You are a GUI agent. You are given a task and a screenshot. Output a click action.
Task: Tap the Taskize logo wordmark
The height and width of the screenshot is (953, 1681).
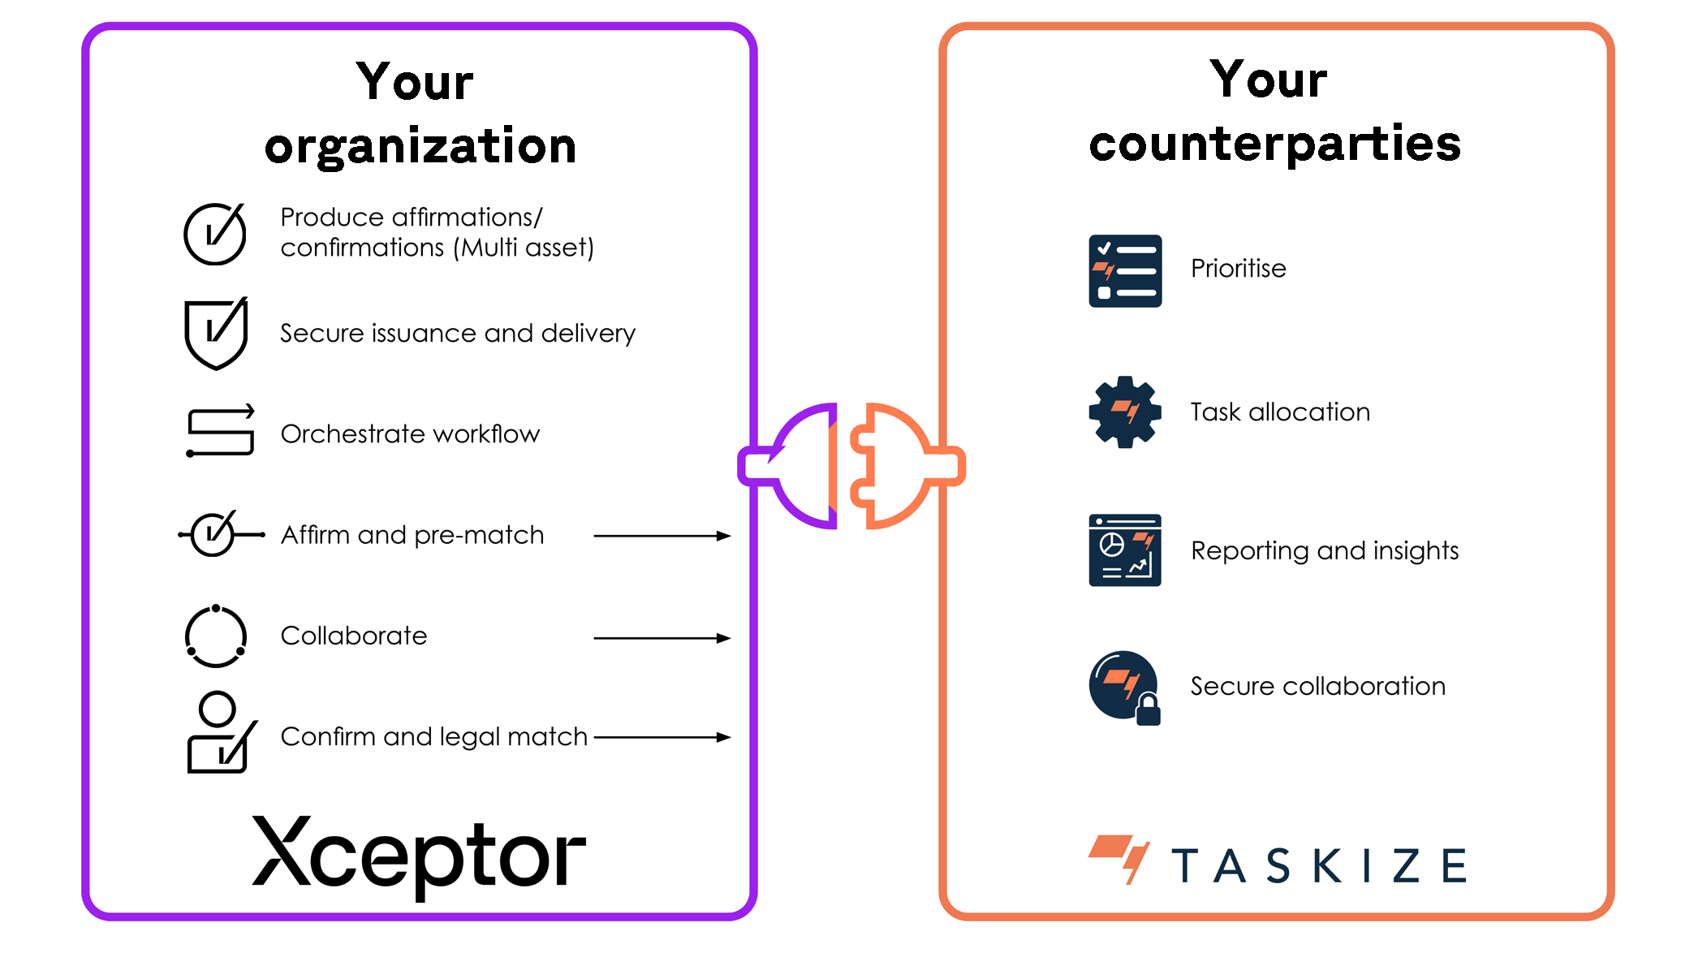click(1318, 865)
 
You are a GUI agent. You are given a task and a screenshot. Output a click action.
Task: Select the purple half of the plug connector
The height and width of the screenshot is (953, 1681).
click(800, 465)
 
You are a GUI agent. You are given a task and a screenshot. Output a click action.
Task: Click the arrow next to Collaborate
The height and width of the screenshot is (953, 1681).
click(662, 638)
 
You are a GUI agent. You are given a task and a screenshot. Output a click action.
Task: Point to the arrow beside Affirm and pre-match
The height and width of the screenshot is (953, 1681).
click(662, 536)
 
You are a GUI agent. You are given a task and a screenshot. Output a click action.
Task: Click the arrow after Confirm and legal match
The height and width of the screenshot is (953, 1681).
click(662, 737)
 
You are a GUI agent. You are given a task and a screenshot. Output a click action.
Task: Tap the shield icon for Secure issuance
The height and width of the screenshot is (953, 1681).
click(215, 334)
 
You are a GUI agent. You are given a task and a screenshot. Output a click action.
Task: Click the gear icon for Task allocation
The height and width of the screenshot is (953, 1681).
click(1124, 412)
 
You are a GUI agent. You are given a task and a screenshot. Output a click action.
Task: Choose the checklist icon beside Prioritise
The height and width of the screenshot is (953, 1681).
click(1124, 271)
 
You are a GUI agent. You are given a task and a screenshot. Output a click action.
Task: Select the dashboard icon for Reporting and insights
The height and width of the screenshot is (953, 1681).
click(1124, 550)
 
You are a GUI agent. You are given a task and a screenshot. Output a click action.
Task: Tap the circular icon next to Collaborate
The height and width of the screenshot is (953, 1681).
click(216, 636)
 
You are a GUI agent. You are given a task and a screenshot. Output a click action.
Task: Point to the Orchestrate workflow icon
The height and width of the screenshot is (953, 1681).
click(220, 432)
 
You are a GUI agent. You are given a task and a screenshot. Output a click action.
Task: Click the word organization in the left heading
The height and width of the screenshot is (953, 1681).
click(420, 146)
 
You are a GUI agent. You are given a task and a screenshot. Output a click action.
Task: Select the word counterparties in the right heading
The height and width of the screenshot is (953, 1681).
click(1274, 144)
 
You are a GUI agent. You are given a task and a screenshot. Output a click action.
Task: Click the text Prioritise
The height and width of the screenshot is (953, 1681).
click(1238, 269)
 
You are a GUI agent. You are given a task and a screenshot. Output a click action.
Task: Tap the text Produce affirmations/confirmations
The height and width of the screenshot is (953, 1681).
click(437, 232)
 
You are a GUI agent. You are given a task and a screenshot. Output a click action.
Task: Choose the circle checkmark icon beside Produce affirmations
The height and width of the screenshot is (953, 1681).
click(215, 234)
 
